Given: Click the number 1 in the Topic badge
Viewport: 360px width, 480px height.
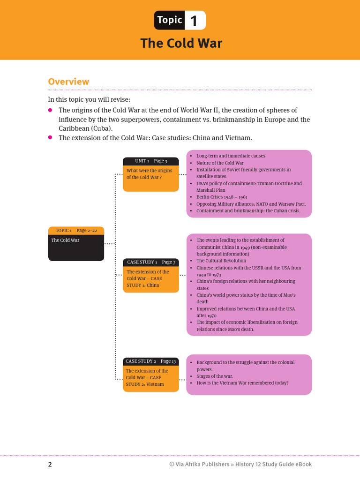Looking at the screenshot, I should click(x=194, y=21).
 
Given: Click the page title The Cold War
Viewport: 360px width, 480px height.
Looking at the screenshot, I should click(x=181, y=44).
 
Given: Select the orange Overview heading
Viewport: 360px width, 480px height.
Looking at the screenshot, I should click(x=68, y=82).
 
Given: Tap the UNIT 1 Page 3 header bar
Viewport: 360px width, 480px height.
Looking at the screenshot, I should click(x=150, y=161).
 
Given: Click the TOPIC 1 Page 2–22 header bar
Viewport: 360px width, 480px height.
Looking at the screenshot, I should click(x=76, y=230).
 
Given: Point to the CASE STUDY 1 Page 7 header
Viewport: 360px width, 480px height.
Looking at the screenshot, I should click(x=150, y=262).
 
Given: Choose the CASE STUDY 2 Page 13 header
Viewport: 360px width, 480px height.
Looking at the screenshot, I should click(x=150, y=361).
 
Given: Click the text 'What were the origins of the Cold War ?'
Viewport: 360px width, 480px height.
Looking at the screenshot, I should click(x=150, y=174).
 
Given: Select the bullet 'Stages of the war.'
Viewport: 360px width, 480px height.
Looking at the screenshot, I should click(x=215, y=376).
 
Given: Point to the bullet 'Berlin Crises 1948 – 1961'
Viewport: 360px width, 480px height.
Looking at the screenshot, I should click(x=222, y=197).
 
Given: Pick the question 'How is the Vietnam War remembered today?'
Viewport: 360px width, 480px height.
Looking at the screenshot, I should click(x=242, y=383).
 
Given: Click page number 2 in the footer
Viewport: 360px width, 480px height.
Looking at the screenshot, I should click(x=50, y=465).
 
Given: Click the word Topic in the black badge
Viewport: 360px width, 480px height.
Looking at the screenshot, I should click(x=170, y=20).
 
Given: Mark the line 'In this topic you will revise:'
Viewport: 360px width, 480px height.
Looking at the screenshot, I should click(x=90, y=99).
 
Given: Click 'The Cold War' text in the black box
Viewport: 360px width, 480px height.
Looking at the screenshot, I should click(x=65, y=240).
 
